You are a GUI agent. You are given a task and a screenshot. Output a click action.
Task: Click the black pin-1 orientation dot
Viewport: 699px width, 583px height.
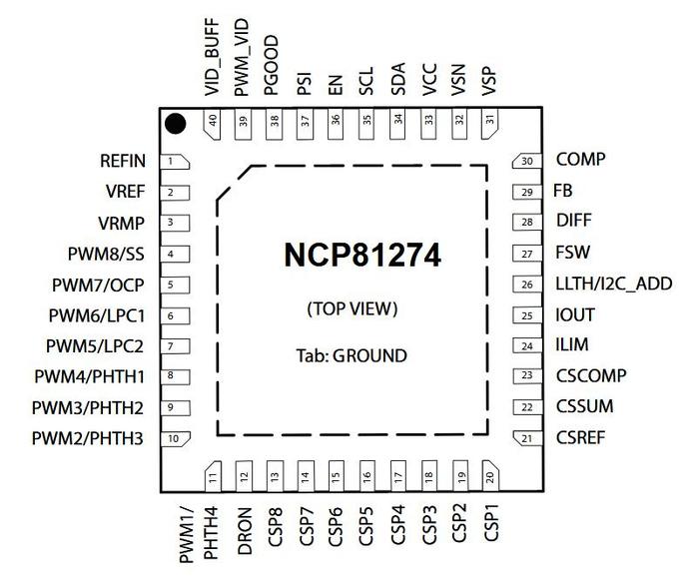[176, 124]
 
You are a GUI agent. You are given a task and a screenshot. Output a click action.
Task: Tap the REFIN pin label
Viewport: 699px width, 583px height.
[123, 161]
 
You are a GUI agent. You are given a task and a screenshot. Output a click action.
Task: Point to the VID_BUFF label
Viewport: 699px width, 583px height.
[212, 63]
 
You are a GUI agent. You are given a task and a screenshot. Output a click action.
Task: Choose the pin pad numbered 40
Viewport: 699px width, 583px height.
[214, 123]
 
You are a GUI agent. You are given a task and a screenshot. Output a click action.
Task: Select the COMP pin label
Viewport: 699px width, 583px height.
[580, 160]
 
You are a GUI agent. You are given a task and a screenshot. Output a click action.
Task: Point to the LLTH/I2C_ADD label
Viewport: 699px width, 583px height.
[613, 284]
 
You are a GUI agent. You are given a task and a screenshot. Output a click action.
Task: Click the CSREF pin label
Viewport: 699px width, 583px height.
[580, 437]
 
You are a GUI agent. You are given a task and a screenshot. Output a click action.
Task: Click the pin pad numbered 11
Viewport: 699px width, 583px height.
[214, 477]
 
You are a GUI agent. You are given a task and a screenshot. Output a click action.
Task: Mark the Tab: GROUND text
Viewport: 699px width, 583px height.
[351, 354]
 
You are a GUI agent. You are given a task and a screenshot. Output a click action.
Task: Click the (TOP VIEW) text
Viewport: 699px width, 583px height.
[351, 309]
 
